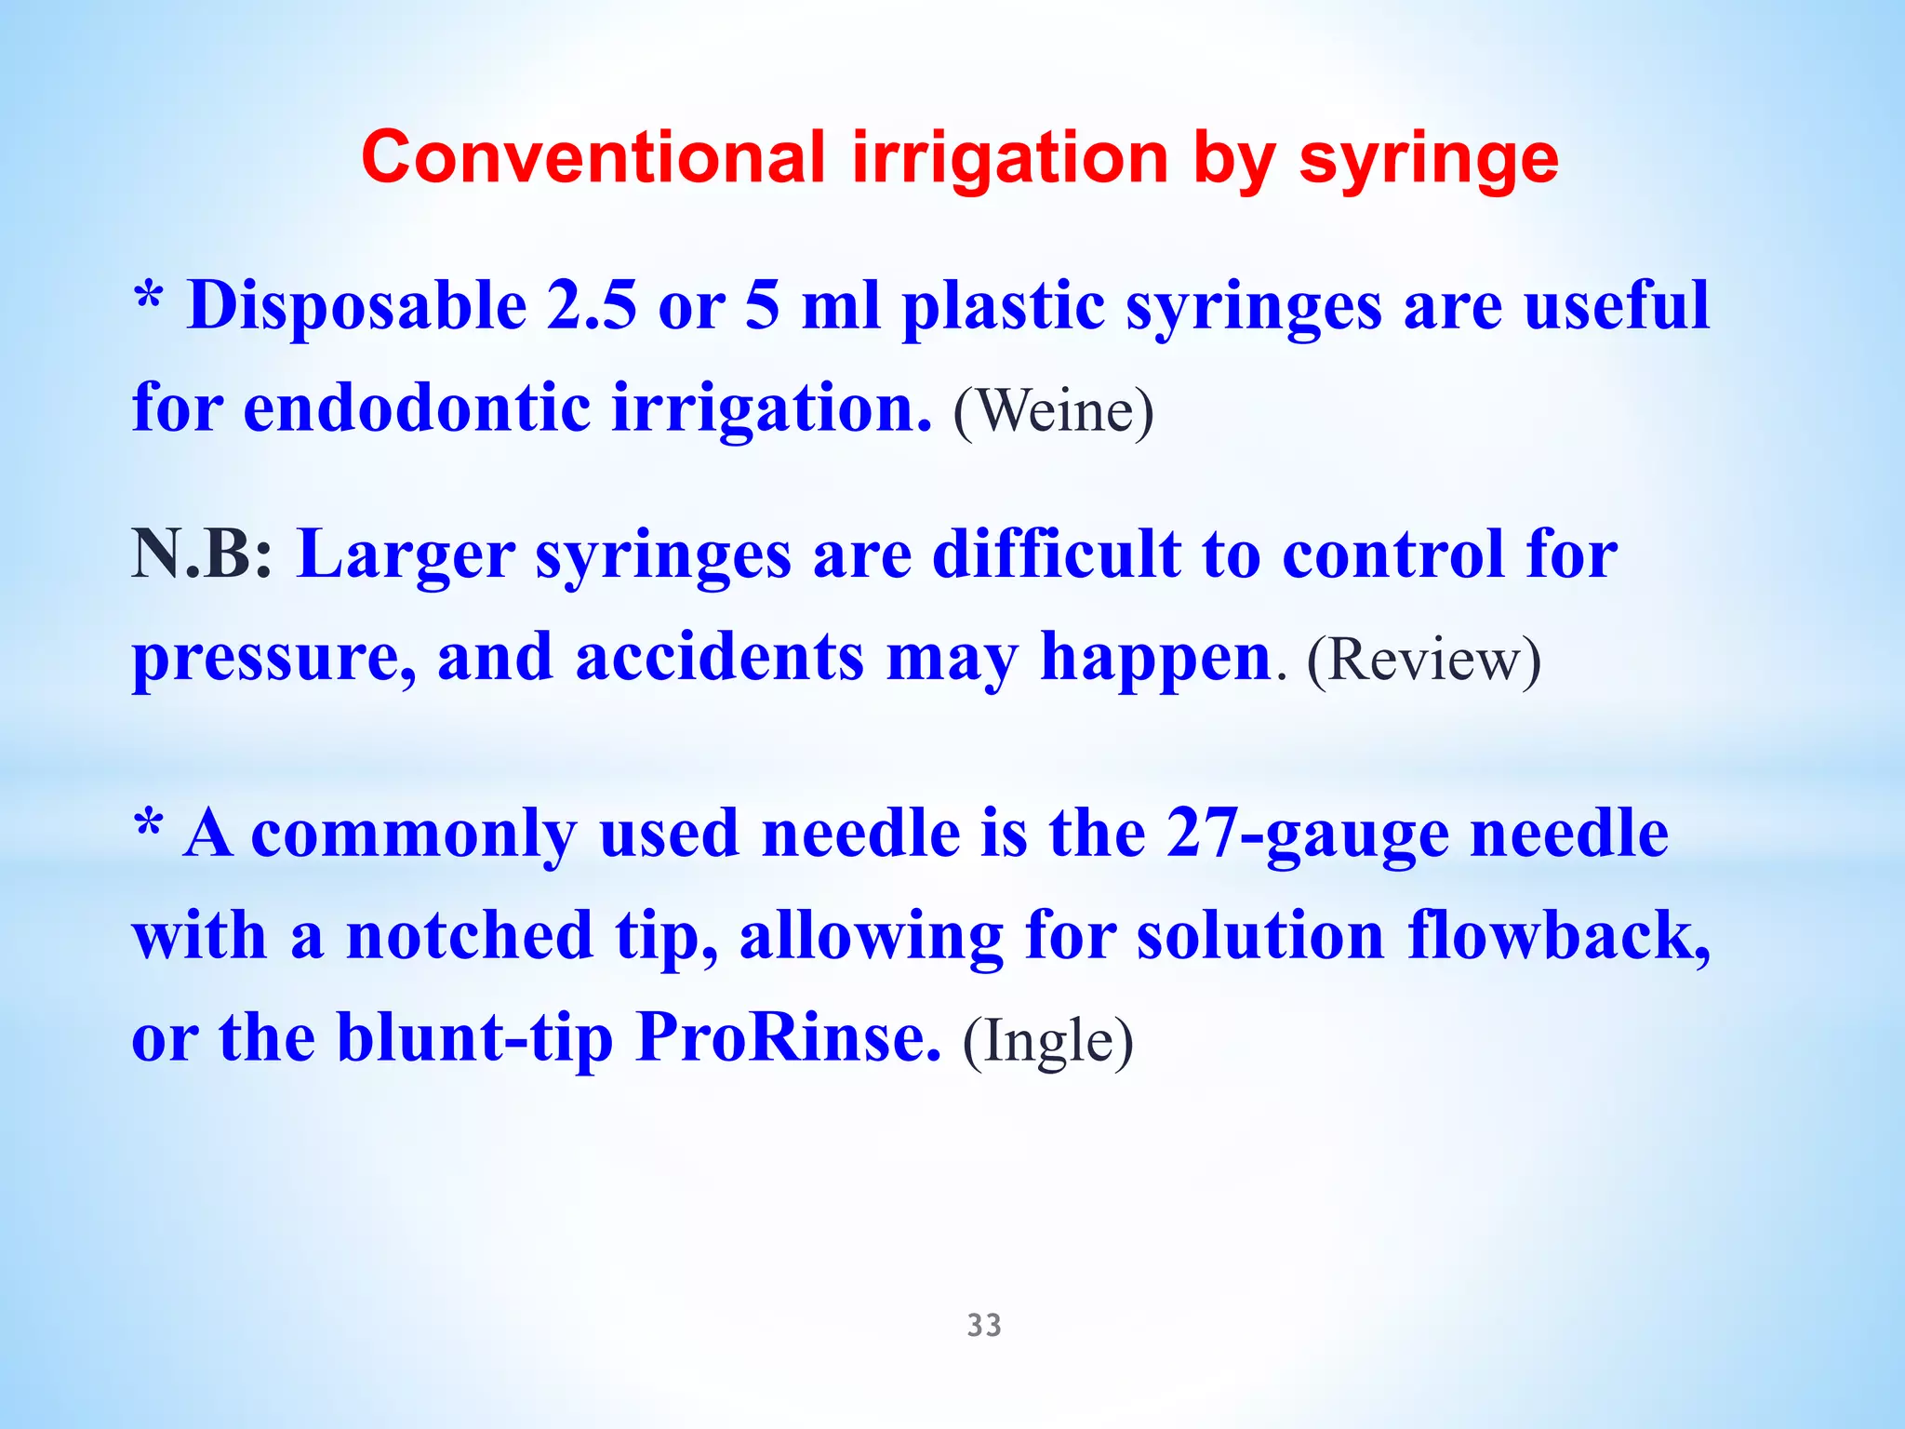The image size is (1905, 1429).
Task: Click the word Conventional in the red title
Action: click(x=593, y=157)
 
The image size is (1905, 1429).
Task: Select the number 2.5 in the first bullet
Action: click(x=592, y=305)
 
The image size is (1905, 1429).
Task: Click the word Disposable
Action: click(x=358, y=307)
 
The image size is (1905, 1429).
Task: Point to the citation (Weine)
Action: click(x=1053, y=410)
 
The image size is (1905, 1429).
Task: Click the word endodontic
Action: click(x=417, y=407)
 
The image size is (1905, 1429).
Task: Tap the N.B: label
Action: click(x=202, y=554)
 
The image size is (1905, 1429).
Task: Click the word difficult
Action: click(x=1057, y=554)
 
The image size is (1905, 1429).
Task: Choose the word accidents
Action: click(x=720, y=657)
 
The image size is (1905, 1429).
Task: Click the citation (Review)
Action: click(x=1423, y=660)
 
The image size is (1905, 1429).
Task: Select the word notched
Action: click(x=470, y=936)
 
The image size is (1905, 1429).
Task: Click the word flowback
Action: click(x=1559, y=935)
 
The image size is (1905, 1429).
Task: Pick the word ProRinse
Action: click(x=788, y=1037)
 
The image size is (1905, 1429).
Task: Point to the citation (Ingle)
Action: click(x=1047, y=1041)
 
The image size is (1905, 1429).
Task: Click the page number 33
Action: click(x=984, y=1325)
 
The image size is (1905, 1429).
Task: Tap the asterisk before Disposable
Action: click(x=149, y=298)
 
